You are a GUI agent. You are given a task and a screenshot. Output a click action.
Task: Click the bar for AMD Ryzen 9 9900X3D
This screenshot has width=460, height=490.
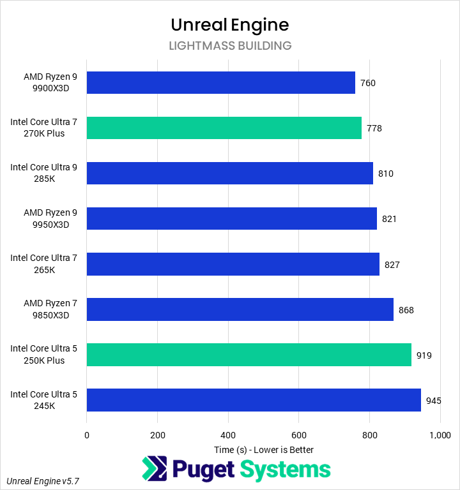click(220, 82)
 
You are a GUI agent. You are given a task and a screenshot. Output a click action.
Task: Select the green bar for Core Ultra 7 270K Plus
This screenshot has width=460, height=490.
click(224, 128)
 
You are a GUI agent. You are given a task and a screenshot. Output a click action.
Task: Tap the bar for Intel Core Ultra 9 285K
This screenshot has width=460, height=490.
click(229, 173)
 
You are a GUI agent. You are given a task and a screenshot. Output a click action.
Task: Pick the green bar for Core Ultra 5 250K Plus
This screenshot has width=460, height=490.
click(249, 355)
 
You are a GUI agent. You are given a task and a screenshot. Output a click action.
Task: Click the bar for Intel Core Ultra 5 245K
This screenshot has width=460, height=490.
click(254, 400)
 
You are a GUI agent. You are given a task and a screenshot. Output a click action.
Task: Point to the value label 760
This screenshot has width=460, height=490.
click(368, 83)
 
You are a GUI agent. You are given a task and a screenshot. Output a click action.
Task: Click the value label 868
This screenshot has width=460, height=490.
click(406, 310)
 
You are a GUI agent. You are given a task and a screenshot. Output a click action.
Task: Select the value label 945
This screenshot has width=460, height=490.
click(434, 401)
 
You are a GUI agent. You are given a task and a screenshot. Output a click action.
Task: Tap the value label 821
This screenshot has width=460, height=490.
click(389, 219)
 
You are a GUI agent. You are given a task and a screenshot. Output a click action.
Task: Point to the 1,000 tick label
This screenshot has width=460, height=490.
click(440, 435)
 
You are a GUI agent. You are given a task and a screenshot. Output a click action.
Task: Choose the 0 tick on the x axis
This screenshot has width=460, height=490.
click(87, 435)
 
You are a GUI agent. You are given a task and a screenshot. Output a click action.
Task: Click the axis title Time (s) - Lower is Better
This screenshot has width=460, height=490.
click(263, 450)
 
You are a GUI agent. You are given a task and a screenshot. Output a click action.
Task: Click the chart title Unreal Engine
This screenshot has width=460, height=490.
click(230, 25)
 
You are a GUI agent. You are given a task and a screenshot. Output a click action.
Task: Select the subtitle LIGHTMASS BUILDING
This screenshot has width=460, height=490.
click(230, 46)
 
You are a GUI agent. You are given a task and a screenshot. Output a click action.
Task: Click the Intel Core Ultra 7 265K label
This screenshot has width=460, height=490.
click(43, 264)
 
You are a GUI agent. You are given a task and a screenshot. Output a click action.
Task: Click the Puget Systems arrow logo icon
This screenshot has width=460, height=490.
click(153, 470)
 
